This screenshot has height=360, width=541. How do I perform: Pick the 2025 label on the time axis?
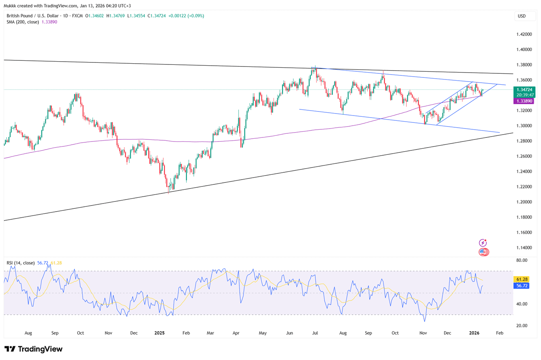(160, 333)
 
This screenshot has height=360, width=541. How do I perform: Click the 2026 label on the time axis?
(474, 333)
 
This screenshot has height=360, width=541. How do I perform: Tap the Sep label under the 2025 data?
(368, 333)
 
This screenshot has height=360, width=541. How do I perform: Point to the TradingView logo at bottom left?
(34, 349)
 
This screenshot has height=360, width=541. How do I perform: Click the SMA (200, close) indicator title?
(23, 22)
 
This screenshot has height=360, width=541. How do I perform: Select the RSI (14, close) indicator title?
(21, 263)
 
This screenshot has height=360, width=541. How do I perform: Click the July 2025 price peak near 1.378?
(313, 67)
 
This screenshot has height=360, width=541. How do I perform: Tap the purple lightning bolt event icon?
(483, 243)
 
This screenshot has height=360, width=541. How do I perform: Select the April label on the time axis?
(236, 333)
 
